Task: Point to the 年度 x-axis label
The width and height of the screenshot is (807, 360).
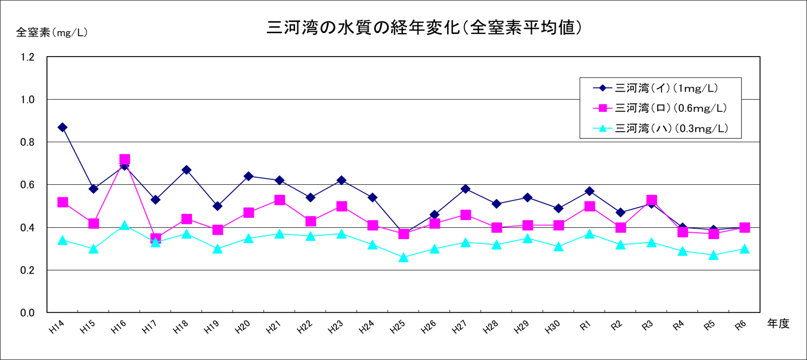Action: [x=778, y=323]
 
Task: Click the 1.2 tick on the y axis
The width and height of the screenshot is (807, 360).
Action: [x=27, y=57]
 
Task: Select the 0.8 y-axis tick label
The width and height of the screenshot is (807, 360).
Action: [x=27, y=142]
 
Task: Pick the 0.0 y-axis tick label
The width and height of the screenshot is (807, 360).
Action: [x=27, y=313]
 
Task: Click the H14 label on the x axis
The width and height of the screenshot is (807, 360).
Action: [x=57, y=327]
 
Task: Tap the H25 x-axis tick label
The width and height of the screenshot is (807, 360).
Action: [x=398, y=327]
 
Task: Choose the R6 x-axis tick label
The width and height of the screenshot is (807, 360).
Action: [x=740, y=326]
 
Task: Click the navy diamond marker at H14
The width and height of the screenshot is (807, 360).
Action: [x=63, y=127]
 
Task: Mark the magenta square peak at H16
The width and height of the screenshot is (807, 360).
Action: [x=125, y=160]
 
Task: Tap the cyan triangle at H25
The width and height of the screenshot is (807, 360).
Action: [x=404, y=258]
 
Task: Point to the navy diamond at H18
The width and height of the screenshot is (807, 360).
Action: [x=186, y=170]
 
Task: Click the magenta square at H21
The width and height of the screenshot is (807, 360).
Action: [x=279, y=200]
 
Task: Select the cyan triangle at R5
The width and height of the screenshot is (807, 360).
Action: [x=714, y=256]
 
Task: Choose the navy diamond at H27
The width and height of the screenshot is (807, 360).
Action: [x=465, y=189]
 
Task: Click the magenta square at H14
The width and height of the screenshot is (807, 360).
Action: [x=63, y=202]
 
